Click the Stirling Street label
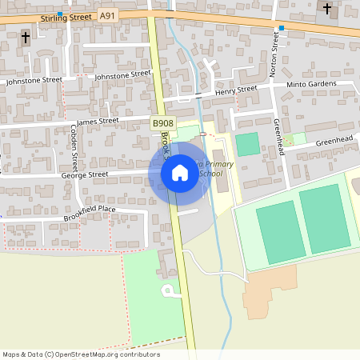click(x=59, y=15)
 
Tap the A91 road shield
click(x=107, y=15)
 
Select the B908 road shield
click(x=162, y=123)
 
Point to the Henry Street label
click(x=236, y=91)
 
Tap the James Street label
click(x=98, y=122)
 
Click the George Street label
click(x=84, y=174)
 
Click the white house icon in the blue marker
click(x=179, y=173)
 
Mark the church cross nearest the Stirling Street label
click(x=25, y=37)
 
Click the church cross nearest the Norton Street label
click(x=326, y=9)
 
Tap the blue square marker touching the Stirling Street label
click(x=59, y=14)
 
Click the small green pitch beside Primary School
click(x=248, y=145)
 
